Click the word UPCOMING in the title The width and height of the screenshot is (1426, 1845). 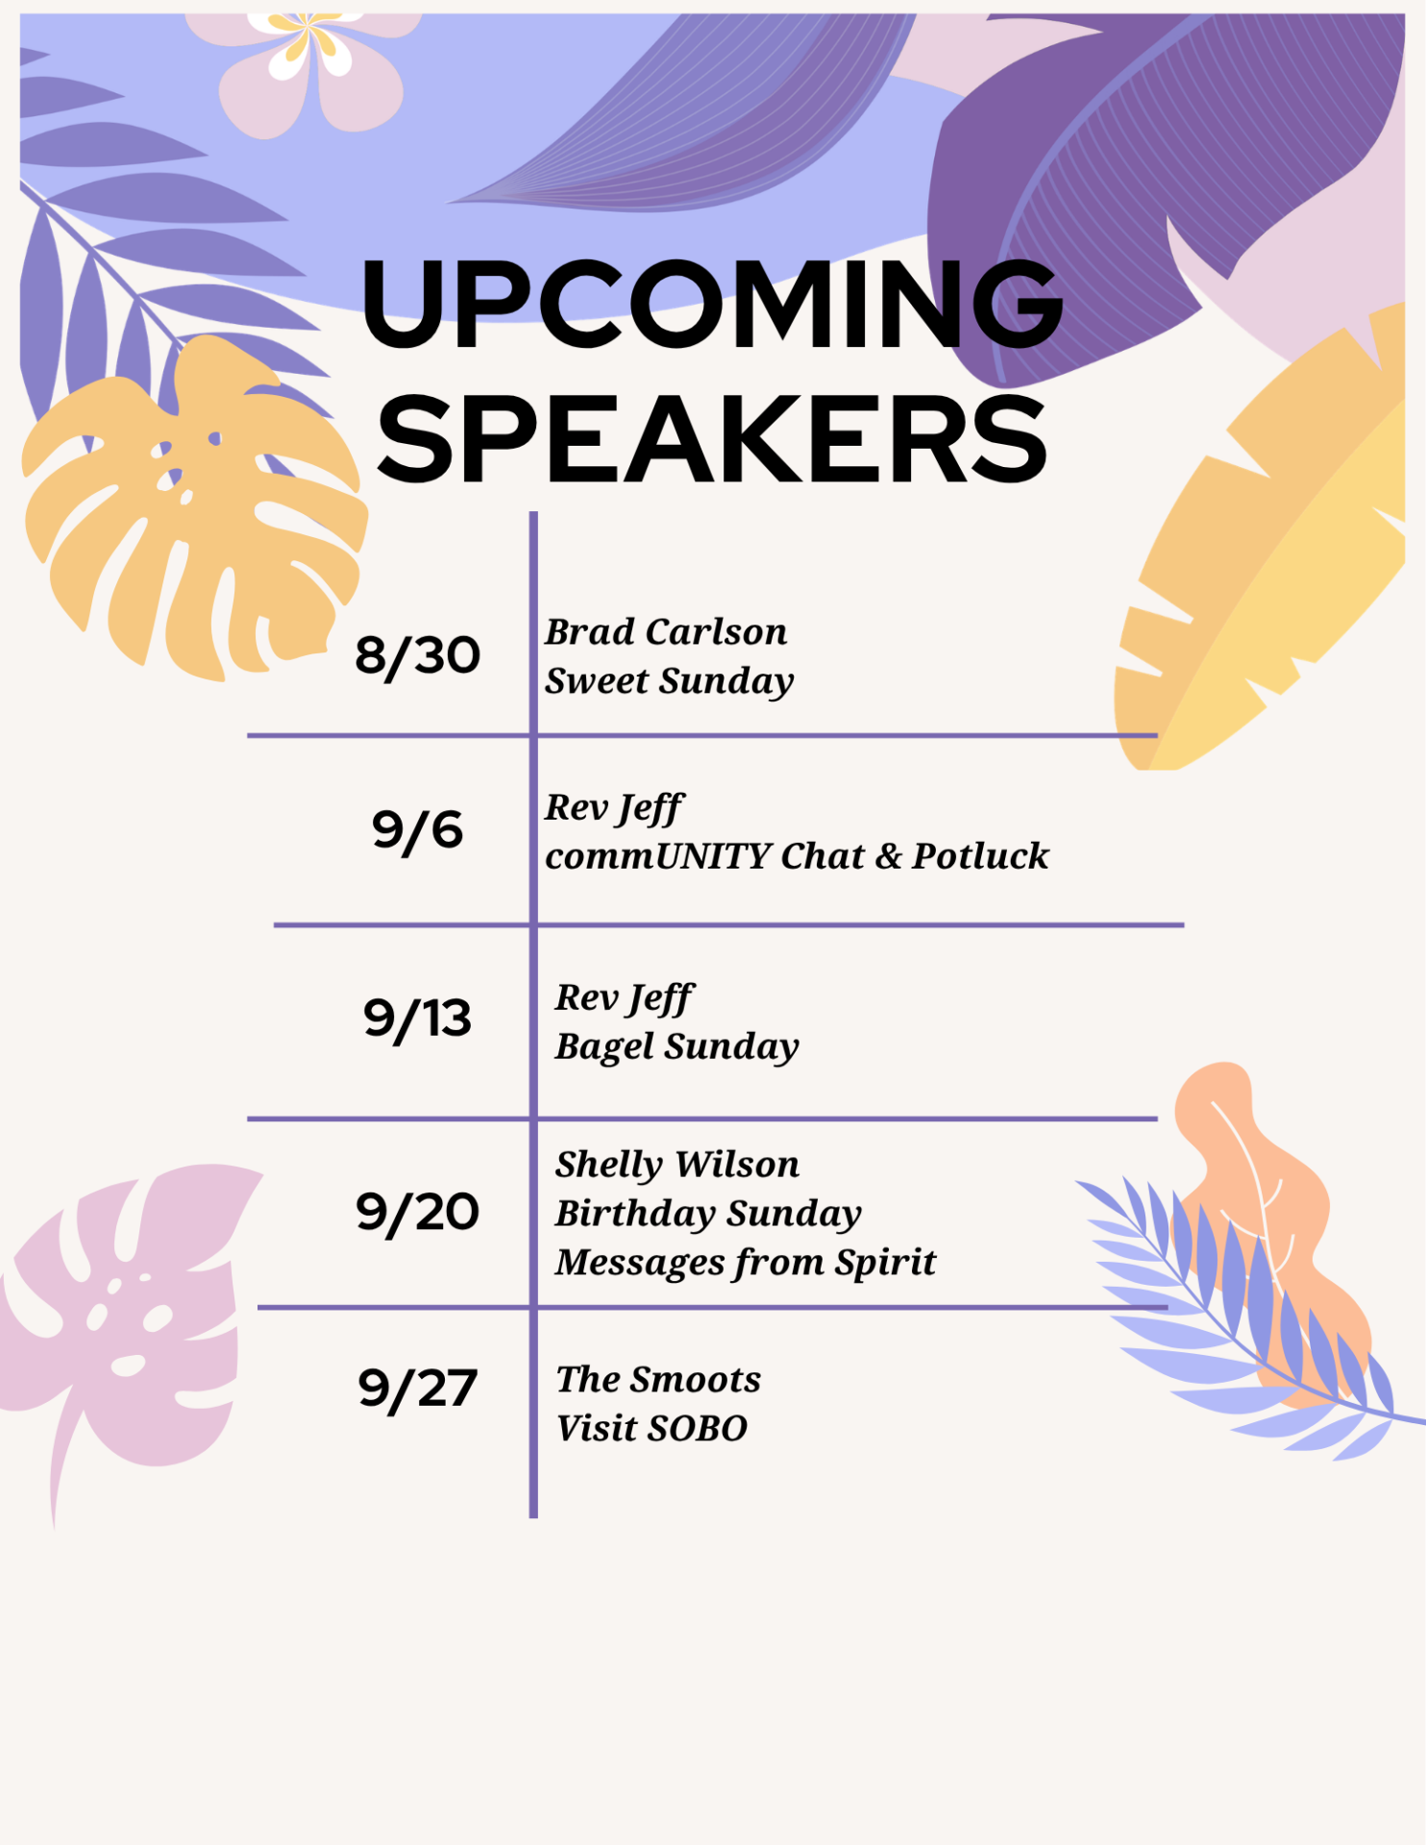pos(712,304)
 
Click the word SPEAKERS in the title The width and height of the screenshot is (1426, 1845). pos(712,439)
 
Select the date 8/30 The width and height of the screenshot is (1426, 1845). pos(417,656)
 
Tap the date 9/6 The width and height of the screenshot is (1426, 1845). pos(417,830)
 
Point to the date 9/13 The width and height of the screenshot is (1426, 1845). pos(417,1019)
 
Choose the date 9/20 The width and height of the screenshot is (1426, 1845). pos(417,1212)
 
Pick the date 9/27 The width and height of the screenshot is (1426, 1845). pos(417,1390)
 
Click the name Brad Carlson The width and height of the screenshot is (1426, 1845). pos(666,632)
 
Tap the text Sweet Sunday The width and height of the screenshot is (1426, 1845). pos(669,682)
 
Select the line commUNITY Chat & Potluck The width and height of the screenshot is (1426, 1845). pos(797,856)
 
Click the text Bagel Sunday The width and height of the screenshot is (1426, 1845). pos(676,1047)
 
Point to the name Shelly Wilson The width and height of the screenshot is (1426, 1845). pos(676,1165)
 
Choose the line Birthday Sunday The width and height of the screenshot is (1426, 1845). pos(708,1215)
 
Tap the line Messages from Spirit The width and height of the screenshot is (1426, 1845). pos(745,1264)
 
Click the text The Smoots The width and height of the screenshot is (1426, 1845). pos(658,1380)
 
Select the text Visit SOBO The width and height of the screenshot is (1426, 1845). pos(652,1429)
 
